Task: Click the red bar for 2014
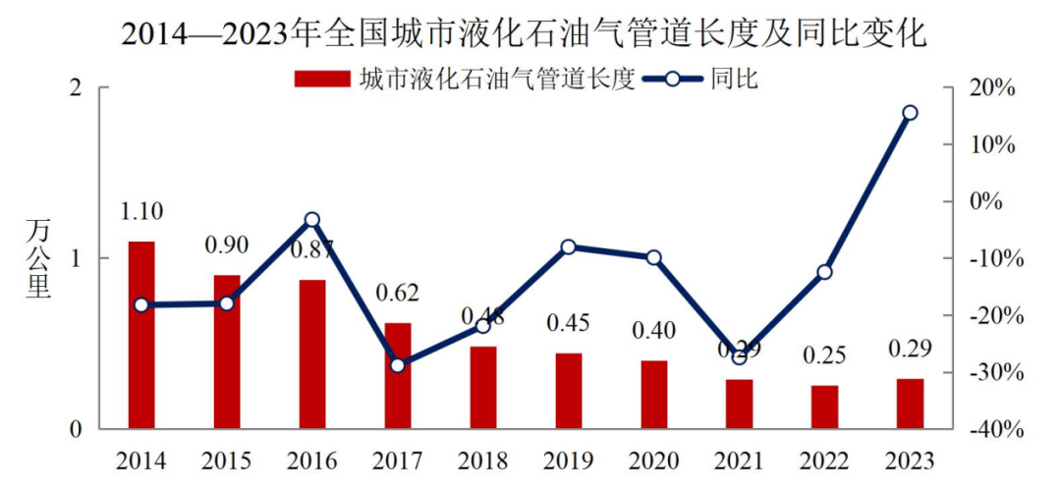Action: pos(141,335)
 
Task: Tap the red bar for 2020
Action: pos(654,395)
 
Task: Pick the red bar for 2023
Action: pos(911,404)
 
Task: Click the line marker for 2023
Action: pos(910,113)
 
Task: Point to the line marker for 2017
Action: pos(398,365)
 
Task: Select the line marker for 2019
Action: pos(569,246)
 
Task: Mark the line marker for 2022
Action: pos(824,272)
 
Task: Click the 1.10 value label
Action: pos(141,211)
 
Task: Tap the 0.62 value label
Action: pos(398,293)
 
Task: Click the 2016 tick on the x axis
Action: pos(312,461)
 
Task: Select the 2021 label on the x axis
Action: pos(739,461)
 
